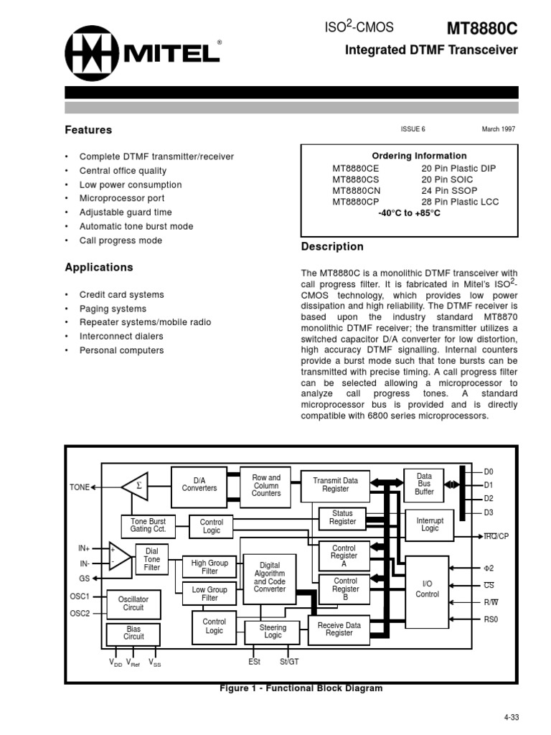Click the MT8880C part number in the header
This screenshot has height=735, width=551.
click(481, 29)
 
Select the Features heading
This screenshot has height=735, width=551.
click(88, 130)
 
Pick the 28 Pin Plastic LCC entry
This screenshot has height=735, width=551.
click(460, 202)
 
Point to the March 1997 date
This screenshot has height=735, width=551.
click(498, 129)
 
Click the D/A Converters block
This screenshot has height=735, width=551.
click(199, 484)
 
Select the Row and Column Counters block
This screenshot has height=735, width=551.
click(266, 486)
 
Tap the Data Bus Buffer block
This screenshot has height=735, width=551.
click(424, 484)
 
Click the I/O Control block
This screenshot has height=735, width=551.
click(428, 589)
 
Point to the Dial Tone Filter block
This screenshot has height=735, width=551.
click(152, 559)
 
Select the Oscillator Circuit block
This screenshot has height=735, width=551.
click(133, 603)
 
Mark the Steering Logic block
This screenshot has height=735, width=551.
click(273, 632)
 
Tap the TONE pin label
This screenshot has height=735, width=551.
click(79, 487)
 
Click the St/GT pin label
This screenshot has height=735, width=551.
click(290, 662)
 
